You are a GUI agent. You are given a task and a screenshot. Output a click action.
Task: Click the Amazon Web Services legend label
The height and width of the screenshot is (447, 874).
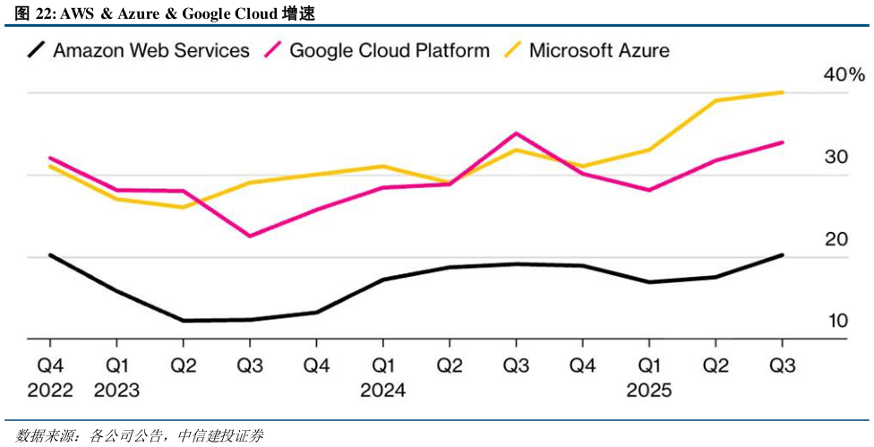pyautogui.click(x=151, y=50)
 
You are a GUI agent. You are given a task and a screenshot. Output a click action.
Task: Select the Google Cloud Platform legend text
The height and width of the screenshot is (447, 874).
pyautogui.click(x=390, y=50)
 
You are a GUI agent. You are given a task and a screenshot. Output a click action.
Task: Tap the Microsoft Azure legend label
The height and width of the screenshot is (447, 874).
pyautogui.click(x=599, y=50)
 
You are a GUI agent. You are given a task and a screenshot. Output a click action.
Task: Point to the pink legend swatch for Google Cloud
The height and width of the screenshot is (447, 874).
pyautogui.click(x=272, y=50)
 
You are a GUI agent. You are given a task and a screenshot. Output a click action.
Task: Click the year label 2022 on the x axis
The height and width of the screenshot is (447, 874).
pyautogui.click(x=49, y=391)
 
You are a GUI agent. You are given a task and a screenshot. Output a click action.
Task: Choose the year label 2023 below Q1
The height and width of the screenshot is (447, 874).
pyautogui.click(x=116, y=391)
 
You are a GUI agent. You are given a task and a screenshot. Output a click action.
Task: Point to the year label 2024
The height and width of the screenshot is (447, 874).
pyautogui.click(x=382, y=391)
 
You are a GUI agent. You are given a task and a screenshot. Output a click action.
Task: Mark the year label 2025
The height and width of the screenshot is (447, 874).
pyautogui.click(x=648, y=391)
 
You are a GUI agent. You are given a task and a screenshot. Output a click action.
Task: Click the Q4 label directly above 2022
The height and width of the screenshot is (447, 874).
pyautogui.click(x=49, y=366)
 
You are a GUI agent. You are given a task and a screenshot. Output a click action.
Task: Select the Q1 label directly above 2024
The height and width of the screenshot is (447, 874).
pyautogui.click(x=382, y=366)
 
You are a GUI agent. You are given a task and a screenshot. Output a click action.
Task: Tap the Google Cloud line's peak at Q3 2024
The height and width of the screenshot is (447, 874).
pyautogui.click(x=516, y=133)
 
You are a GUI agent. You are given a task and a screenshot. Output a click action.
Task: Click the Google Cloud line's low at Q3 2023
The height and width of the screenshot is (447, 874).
pyautogui.click(x=249, y=236)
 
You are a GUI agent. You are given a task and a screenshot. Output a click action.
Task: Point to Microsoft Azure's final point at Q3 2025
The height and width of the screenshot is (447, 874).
pyautogui.click(x=783, y=92)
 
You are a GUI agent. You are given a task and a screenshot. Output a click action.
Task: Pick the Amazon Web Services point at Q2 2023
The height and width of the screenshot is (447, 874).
pyautogui.click(x=183, y=321)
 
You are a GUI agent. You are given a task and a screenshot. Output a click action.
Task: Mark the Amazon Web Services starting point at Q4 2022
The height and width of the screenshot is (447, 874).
pyautogui.click(x=50, y=255)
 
